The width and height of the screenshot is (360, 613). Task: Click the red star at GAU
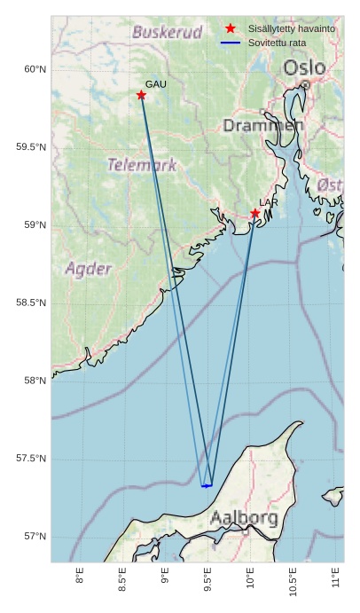pos(141,95)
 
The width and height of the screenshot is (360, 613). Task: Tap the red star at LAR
pos(255,213)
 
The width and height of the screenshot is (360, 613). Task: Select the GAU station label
pos(156,83)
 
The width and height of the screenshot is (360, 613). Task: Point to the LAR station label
pos(269,203)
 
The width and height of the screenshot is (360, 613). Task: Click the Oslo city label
pos(304,67)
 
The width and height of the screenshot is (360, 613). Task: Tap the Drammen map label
pos(263,126)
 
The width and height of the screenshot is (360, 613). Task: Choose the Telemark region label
pos(142,164)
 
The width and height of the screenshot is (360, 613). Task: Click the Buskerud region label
pos(167,33)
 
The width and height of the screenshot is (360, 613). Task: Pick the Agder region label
pos(89,269)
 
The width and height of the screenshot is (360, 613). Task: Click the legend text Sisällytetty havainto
pos(292,29)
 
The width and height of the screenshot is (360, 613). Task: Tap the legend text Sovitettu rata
pos(278,43)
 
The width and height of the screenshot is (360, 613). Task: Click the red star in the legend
pos(231,29)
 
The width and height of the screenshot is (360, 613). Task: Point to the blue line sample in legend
pos(231,43)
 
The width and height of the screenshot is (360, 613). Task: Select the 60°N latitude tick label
pos(34,69)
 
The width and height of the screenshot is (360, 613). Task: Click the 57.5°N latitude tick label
pos(31,459)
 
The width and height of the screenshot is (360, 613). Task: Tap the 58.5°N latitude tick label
pos(31,303)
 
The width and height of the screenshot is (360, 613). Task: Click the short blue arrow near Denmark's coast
pos(207,486)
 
